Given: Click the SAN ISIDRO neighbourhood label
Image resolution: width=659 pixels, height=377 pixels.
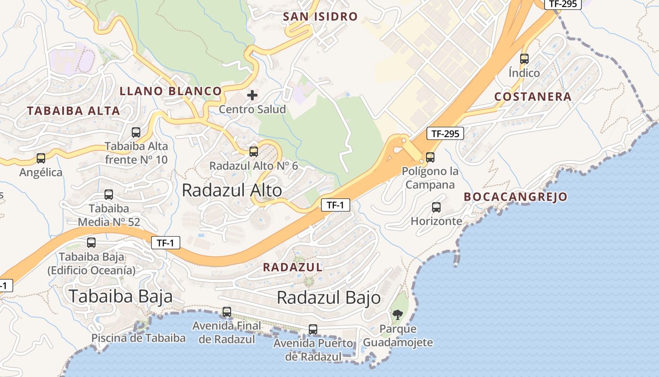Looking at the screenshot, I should click(320, 16).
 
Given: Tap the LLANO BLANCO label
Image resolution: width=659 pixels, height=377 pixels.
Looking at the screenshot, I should click(170, 91).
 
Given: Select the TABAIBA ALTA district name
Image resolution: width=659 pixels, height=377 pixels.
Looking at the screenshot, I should click(73, 111).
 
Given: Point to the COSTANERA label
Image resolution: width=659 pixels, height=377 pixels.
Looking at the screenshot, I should click(533, 97).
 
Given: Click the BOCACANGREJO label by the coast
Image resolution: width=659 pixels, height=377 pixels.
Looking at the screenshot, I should click(515, 197).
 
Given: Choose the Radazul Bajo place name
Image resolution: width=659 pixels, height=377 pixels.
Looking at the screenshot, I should click(329, 297).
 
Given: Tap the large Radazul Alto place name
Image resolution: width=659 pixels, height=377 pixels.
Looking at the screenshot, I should click(232, 190).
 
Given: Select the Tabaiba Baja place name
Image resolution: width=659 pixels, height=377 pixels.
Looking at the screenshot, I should click(121, 296).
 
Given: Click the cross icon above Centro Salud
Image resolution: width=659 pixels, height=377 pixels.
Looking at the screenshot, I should click(252, 95).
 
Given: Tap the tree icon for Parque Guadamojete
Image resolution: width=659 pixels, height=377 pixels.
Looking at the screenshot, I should click(398, 314).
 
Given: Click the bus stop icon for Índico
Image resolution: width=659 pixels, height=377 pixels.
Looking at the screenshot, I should click(524, 59).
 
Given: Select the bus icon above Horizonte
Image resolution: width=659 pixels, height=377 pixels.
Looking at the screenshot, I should click(436, 207).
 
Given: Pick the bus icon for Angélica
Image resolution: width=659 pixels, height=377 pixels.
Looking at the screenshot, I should click(41, 158).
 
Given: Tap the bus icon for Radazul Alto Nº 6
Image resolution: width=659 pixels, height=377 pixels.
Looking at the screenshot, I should click(254, 151).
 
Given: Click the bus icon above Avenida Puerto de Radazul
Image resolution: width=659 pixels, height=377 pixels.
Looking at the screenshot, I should click(313, 329).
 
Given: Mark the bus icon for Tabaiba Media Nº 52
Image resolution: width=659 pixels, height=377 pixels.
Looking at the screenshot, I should click(109, 194).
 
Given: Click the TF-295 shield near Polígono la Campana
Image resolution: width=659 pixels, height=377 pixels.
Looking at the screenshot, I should click(445, 133).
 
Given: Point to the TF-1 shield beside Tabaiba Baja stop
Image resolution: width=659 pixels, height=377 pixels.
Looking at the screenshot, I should click(166, 243).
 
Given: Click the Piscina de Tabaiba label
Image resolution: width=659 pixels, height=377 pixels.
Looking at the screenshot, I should click(138, 338).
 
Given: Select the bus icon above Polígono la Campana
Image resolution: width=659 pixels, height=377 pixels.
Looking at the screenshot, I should click(430, 157).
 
